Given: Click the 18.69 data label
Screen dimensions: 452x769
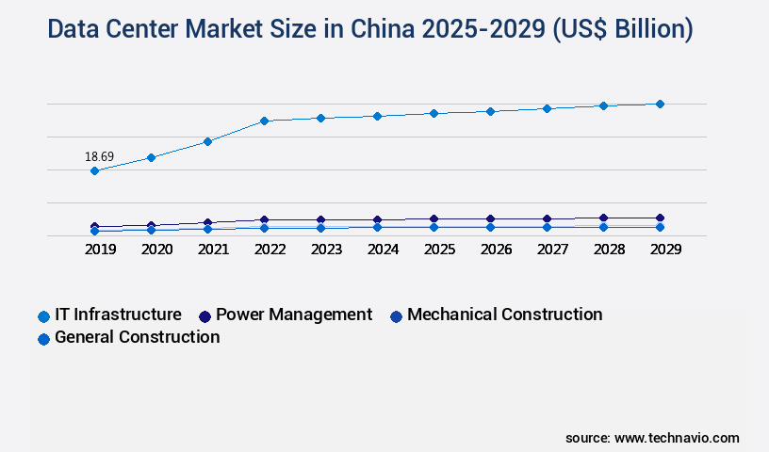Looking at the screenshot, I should click(99, 156).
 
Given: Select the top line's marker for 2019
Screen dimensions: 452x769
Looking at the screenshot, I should click(94, 170).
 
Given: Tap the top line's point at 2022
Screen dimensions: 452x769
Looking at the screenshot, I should click(264, 121).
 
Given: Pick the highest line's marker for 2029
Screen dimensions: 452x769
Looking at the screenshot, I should click(660, 104).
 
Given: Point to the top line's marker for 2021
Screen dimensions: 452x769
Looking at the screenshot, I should click(207, 141).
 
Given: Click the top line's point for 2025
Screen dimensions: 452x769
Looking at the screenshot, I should click(434, 113).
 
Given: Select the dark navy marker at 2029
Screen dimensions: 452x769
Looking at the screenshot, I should click(660, 218).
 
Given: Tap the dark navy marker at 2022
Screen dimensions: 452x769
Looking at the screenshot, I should click(264, 219).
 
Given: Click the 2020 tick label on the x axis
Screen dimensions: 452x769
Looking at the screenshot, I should click(156, 250).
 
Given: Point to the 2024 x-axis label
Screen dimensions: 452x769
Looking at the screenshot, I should click(383, 250).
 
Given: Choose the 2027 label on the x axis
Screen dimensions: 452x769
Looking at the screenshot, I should click(552, 250).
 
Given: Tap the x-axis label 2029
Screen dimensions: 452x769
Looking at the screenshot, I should click(665, 250).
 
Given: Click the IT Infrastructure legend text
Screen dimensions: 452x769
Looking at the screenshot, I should click(118, 315).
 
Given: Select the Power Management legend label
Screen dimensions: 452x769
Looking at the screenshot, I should click(294, 315).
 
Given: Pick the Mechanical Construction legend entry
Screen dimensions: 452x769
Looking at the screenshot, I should click(504, 315).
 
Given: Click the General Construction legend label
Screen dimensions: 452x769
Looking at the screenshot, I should click(137, 337).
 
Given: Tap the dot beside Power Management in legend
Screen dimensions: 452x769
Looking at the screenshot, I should click(205, 315).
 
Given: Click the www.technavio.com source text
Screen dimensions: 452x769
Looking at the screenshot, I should click(677, 438).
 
